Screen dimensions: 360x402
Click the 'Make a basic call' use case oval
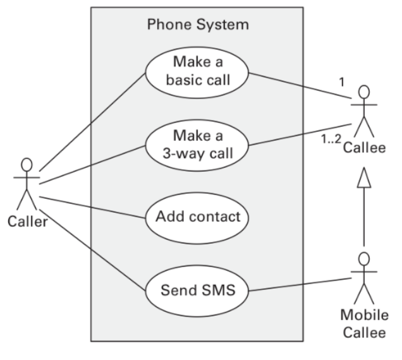[197, 72]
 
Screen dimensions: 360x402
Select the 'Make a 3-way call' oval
[197, 145]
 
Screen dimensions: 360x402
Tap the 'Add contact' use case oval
[197, 217]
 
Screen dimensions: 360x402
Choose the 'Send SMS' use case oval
[197, 291]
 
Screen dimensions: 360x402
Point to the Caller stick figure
[27, 183]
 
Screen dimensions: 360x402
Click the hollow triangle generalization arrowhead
[363, 179]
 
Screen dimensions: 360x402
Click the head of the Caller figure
[27, 164]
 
